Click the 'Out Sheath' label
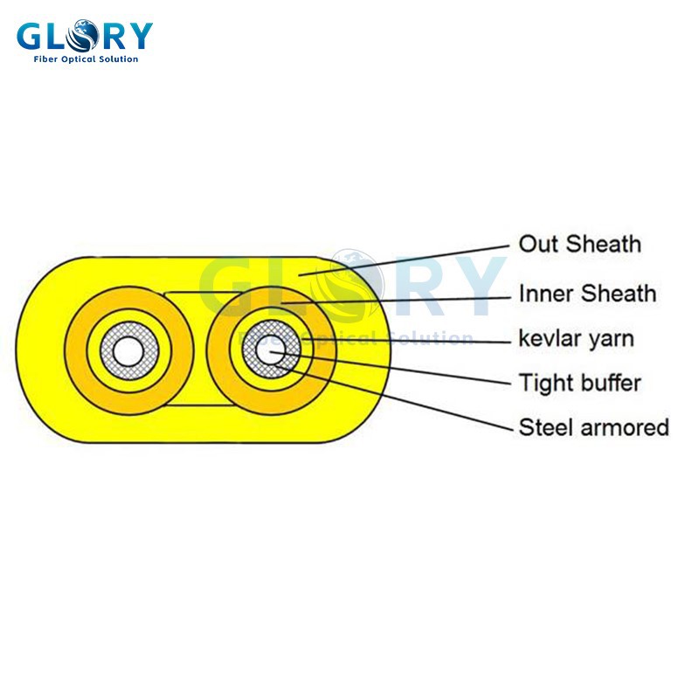click(x=579, y=244)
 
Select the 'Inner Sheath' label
click(x=586, y=293)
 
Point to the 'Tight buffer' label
click(x=579, y=383)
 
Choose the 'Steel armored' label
click(x=593, y=427)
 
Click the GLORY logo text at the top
click(x=85, y=37)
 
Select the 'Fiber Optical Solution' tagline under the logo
click(x=85, y=59)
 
